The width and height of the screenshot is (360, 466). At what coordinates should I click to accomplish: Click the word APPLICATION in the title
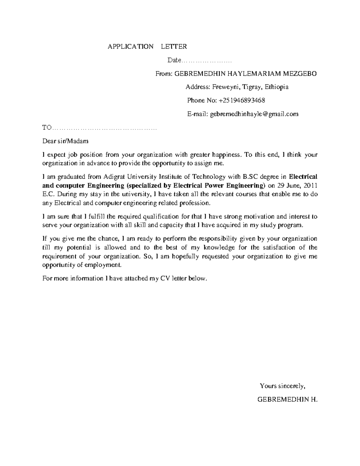coord(130,47)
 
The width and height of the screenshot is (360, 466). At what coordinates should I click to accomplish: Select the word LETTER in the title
coord(174,47)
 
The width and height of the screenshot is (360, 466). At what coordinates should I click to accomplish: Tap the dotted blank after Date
coord(207,61)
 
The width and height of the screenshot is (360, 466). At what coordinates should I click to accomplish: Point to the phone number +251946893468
coord(242,100)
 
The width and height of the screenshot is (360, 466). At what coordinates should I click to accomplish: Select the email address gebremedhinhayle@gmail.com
coord(254,114)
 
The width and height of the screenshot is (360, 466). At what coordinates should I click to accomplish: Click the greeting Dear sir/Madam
coord(65,141)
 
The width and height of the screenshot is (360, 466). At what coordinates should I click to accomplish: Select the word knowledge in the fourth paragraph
coord(219,248)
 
